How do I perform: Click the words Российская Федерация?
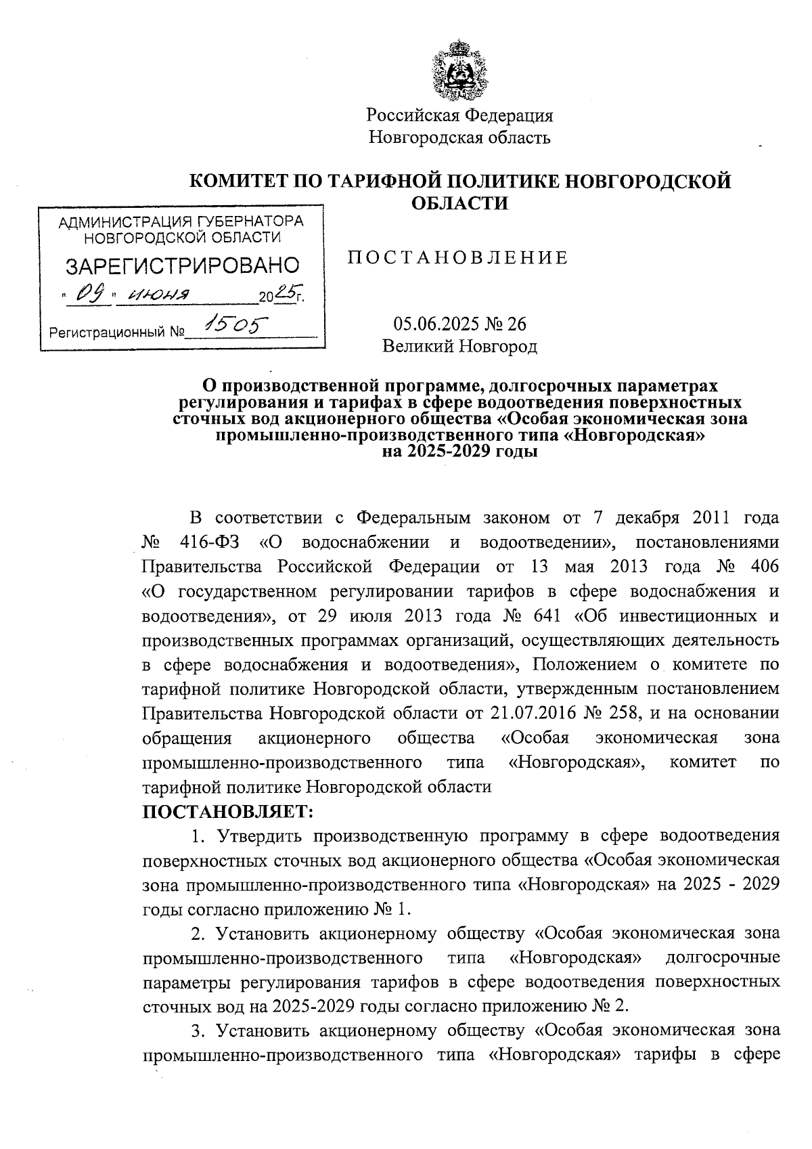(460, 115)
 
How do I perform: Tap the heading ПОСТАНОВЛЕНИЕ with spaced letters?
(457, 258)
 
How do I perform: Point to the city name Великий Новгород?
(459, 347)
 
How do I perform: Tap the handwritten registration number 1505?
(236, 327)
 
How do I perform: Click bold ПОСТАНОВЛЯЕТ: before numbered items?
(227, 811)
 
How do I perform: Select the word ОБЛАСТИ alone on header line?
(460, 202)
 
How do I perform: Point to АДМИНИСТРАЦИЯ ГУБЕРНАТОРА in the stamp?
(181, 221)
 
